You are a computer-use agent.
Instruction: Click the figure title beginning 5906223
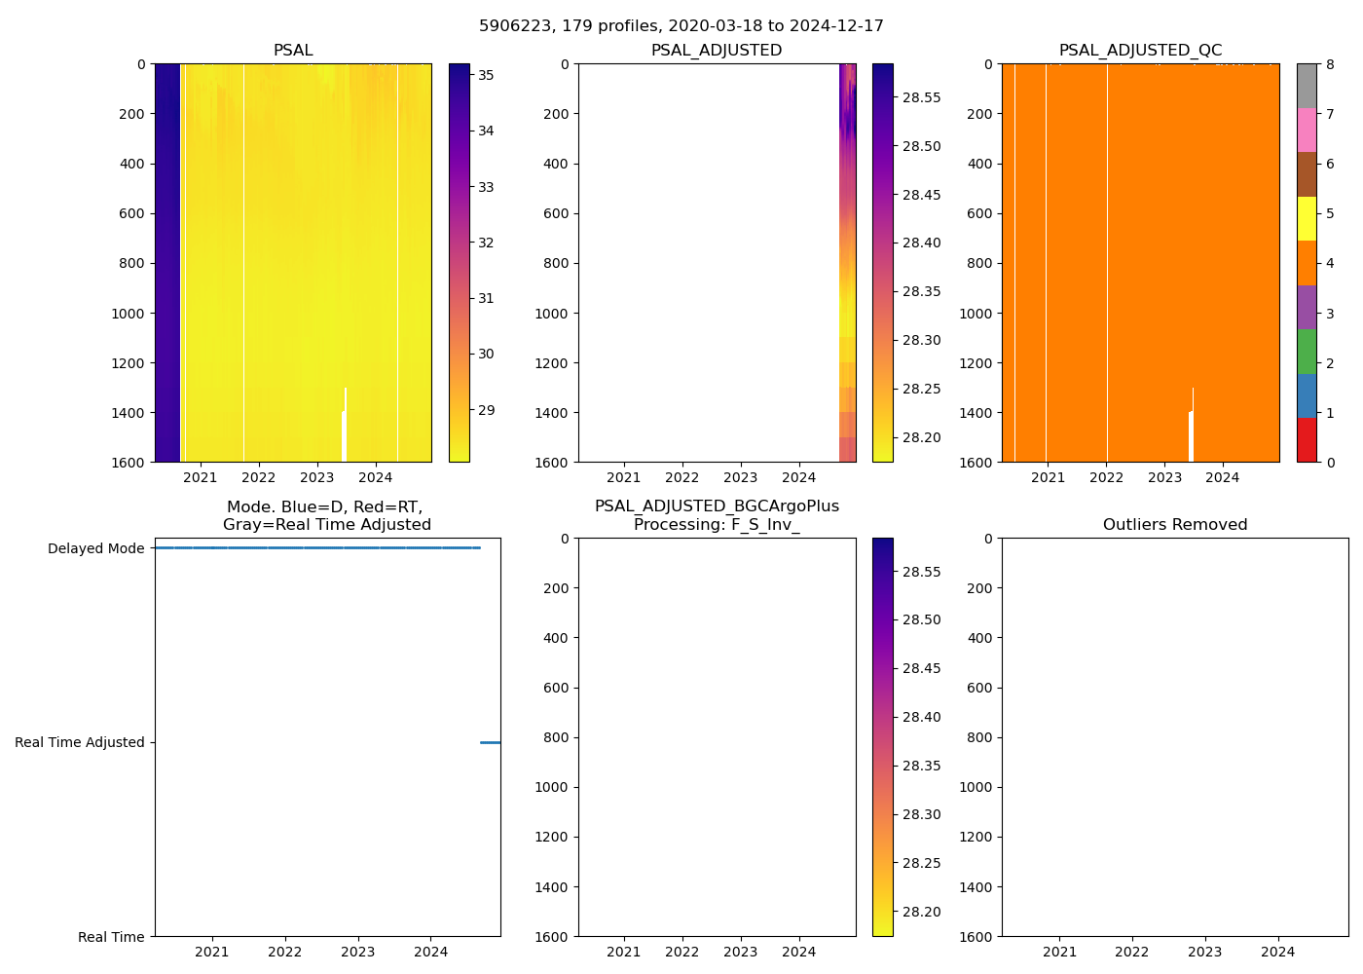[681, 26]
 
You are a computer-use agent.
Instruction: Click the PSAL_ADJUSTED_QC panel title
[1140, 51]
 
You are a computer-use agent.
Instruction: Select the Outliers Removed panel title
[1174, 525]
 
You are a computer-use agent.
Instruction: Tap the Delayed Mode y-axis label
[95, 548]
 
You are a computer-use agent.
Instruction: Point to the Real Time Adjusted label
[80, 742]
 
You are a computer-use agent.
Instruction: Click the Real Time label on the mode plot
[111, 937]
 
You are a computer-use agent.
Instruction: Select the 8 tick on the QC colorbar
[1330, 64]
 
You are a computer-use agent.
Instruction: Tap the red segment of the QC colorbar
[1307, 440]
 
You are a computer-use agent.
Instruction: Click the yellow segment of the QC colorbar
[1307, 219]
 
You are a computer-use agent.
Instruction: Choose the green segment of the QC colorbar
[1307, 352]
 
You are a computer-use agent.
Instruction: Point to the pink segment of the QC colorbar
[1307, 131]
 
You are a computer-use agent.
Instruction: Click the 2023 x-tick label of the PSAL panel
[316, 477]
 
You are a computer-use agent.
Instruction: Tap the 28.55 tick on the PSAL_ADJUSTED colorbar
[921, 97]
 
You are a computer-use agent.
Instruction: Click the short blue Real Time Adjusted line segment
[490, 742]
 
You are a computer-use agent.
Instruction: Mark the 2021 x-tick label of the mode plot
[211, 952]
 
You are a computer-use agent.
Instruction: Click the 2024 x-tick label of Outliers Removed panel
[1277, 952]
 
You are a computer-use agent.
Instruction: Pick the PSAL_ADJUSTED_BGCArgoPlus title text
[717, 506]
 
